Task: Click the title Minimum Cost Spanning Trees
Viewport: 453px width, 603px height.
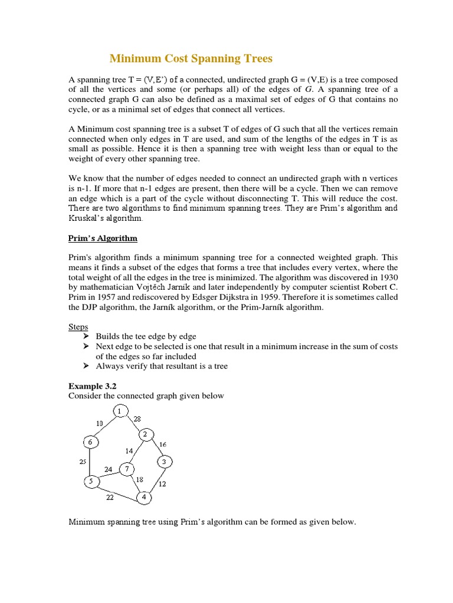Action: [x=191, y=58]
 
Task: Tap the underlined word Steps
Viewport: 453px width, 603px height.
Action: [x=78, y=326]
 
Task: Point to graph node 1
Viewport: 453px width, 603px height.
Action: [x=120, y=410]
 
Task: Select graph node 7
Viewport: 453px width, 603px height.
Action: [x=127, y=469]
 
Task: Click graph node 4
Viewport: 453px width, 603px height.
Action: [x=144, y=498]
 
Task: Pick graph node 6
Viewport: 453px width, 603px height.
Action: [x=91, y=442]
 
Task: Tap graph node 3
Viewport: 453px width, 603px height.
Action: [x=166, y=460]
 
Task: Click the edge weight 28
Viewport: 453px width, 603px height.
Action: [x=137, y=419]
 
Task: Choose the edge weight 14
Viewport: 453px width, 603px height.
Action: [x=129, y=450]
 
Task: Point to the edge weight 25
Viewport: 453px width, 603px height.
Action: [x=83, y=462]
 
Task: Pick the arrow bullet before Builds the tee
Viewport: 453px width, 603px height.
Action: [x=85, y=336]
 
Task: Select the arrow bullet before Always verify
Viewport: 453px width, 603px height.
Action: [x=85, y=366]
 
